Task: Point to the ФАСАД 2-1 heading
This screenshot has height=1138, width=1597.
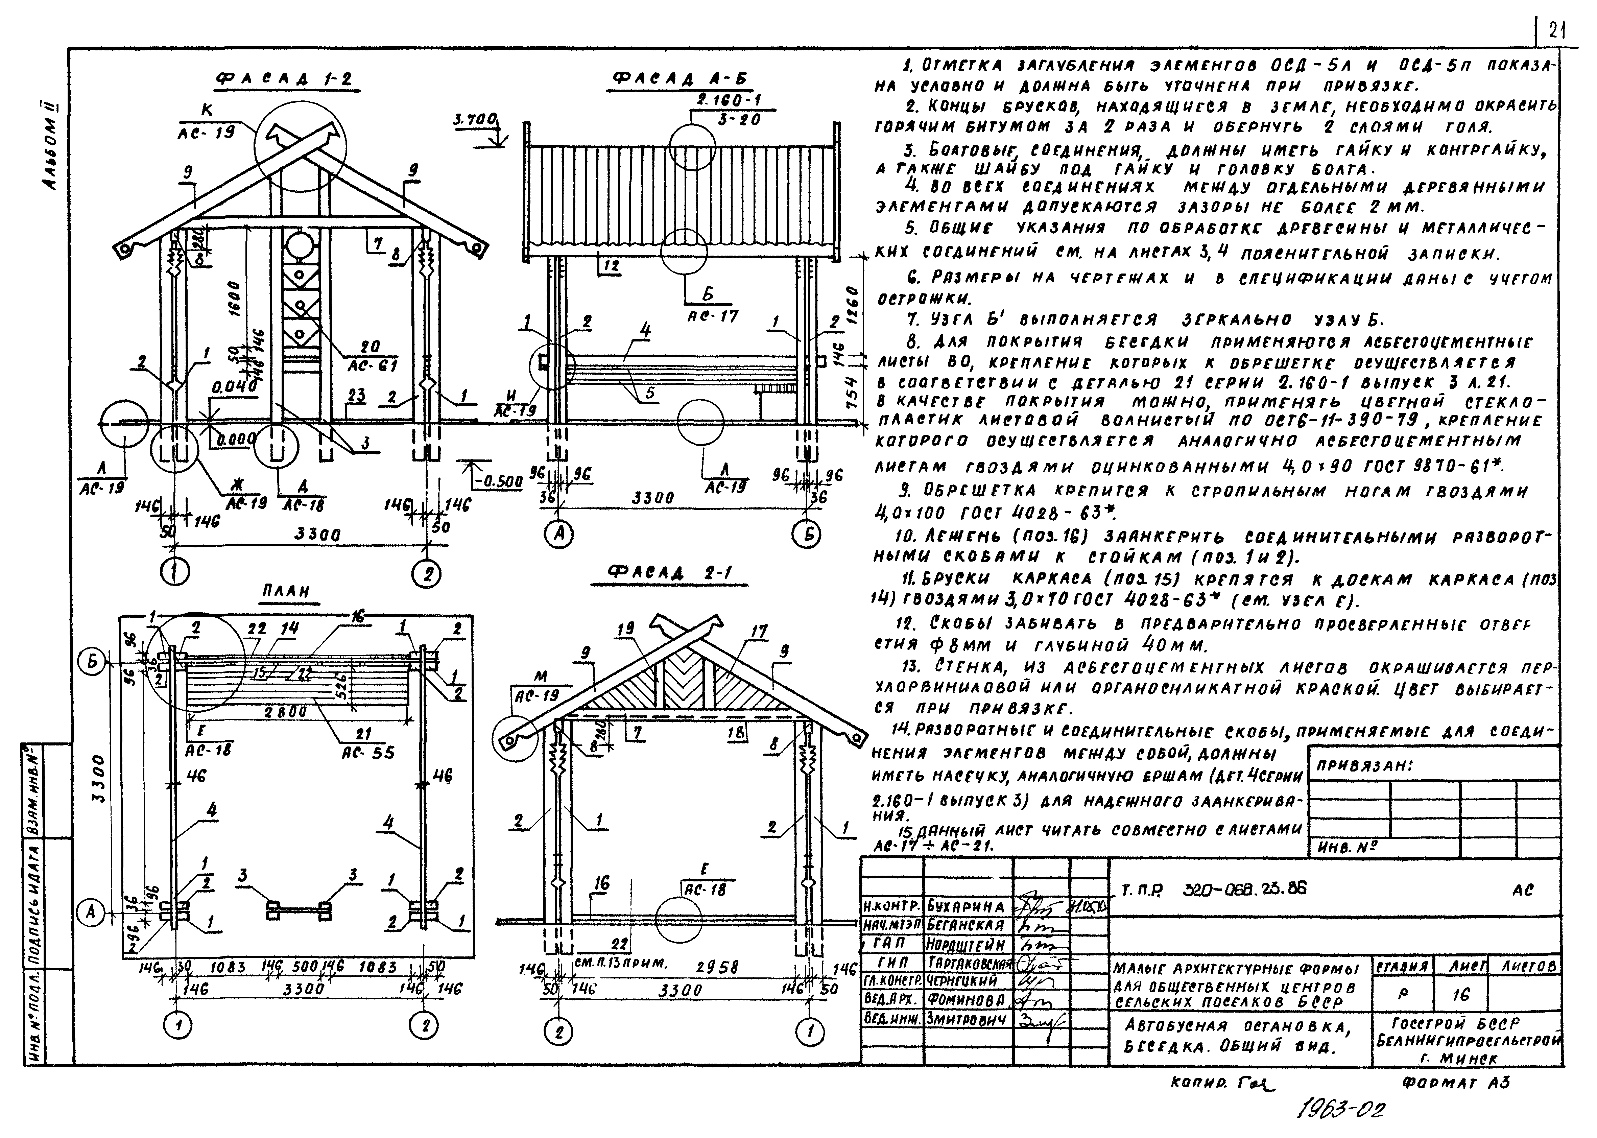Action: point(678,573)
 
